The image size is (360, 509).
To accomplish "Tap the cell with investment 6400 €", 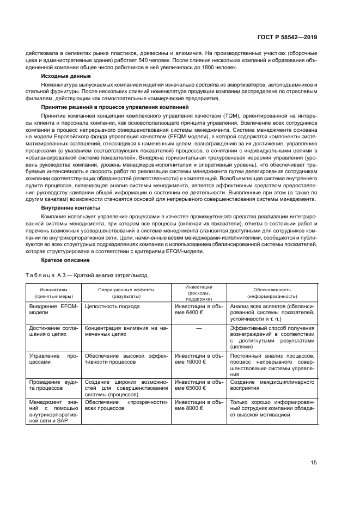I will tap(198, 310).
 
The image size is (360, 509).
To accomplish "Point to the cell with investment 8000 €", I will tap(198, 406).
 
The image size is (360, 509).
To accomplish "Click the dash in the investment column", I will tap(199, 328).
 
